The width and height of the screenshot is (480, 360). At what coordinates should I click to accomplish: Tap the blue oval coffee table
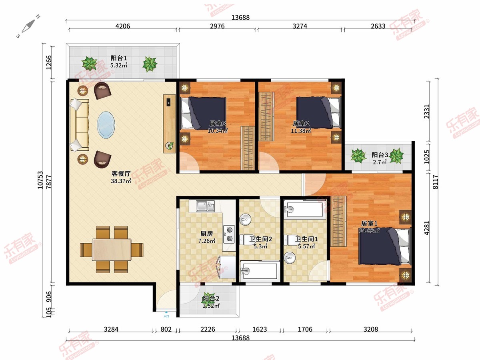pos(106,125)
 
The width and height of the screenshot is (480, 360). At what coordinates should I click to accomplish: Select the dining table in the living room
pos(112,249)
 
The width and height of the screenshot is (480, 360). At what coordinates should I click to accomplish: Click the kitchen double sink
pos(205,206)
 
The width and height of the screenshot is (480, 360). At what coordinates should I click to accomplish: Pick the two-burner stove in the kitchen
pos(229,234)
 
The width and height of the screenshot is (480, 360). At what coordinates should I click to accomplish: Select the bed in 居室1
pos(384,246)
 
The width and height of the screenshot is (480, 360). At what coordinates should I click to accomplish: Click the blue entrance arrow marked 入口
pos(166,312)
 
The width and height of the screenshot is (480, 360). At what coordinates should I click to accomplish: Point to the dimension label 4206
pos(123,26)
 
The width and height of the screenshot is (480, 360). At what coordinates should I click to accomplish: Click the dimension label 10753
pos(40,180)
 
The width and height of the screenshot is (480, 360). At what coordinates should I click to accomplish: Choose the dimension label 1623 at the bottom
pos(260,329)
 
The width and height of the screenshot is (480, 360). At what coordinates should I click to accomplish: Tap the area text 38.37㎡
pos(121,181)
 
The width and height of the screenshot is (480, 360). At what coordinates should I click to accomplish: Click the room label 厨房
pos(207,234)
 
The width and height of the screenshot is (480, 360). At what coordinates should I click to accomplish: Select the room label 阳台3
pos(380,155)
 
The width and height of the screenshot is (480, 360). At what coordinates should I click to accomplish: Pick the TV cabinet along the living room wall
pos(170,124)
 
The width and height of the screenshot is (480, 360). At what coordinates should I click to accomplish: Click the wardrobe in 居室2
pos(266,116)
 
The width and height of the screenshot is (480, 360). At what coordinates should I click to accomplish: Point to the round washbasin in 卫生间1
pos(290,258)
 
